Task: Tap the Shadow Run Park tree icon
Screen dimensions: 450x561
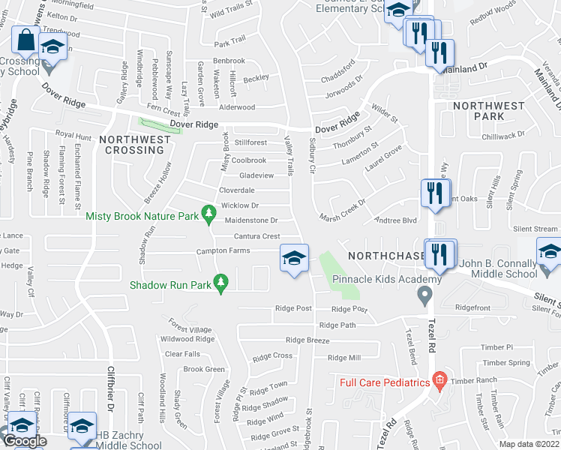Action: coord(220,284)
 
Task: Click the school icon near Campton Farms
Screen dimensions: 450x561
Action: coord(294,259)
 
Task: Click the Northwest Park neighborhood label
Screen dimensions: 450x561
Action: coord(489,112)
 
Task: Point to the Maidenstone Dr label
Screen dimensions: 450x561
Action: coord(251,220)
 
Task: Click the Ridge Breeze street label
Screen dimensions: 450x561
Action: coord(307,340)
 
